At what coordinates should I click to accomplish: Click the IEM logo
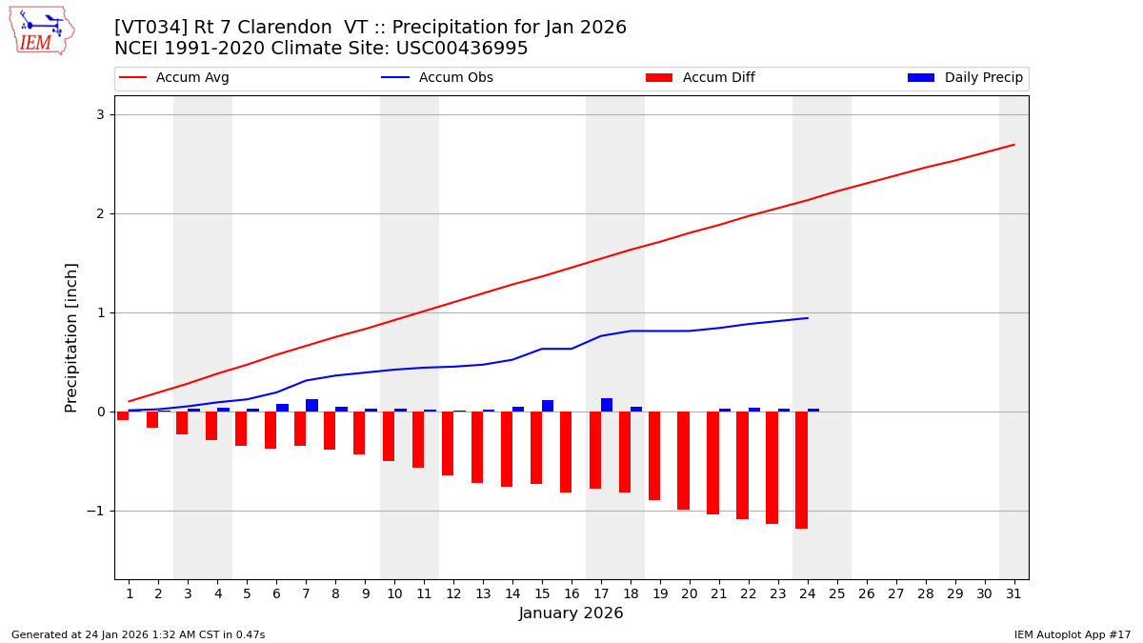coord(41,30)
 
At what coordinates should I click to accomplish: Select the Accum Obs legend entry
coord(437,78)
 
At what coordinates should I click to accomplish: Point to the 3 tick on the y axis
coord(100,114)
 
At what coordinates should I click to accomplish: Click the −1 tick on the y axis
coord(96,511)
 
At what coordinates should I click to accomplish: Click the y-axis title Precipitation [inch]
coord(71,337)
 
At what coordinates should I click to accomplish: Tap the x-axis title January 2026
coord(571,613)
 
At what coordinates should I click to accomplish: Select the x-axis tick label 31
coord(1013,593)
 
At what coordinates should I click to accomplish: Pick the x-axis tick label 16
coord(571,593)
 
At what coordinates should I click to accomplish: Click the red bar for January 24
coord(801,470)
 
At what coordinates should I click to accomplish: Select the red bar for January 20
coord(683,460)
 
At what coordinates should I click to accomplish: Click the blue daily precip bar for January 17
coord(607,405)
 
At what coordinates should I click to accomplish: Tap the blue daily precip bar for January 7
coord(311,406)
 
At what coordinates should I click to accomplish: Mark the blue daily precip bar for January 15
coord(548,406)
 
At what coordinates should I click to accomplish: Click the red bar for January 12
coord(448,443)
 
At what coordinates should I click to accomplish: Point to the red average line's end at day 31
coord(1013,145)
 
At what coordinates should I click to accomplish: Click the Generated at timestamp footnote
coord(138,634)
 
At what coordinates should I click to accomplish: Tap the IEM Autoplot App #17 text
coord(1072,634)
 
